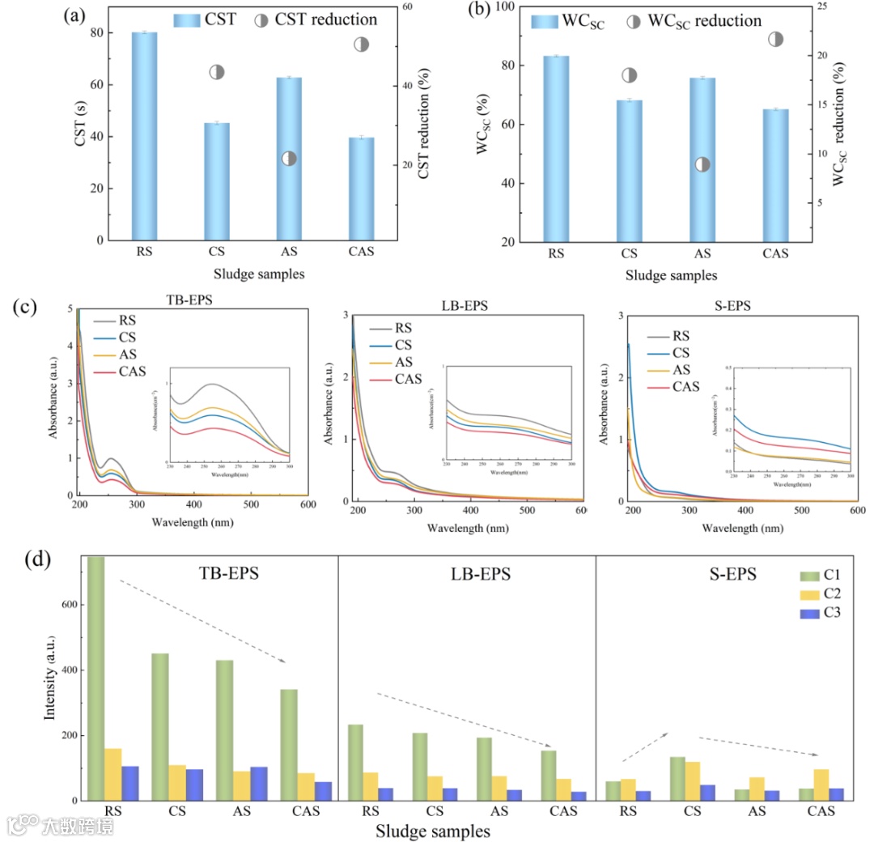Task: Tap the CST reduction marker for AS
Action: (289, 159)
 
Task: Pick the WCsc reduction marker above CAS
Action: (775, 39)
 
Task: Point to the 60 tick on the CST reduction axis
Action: (408, 7)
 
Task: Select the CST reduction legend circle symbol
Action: (261, 20)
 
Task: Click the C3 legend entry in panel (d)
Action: (821, 612)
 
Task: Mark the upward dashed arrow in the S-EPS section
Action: (645, 746)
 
